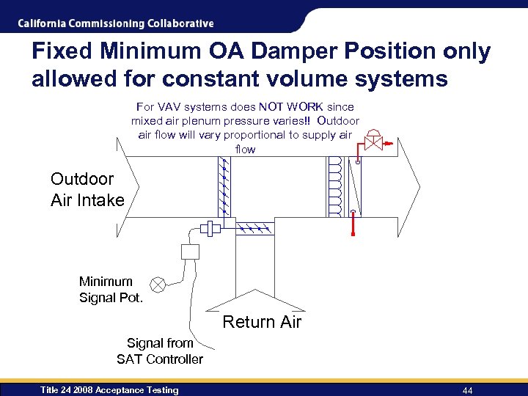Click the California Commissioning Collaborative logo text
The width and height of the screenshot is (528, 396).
pyautogui.click(x=116, y=23)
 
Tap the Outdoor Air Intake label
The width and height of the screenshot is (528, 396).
pyautogui.click(x=87, y=189)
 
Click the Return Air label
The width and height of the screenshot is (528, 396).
pyautogui.click(x=262, y=322)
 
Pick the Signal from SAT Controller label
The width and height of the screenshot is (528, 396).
pyautogui.click(x=160, y=351)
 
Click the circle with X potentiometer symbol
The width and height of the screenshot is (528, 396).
pyautogui.click(x=158, y=285)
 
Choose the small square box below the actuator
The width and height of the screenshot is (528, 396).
pyautogui.click(x=190, y=252)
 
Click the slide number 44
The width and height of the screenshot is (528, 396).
pyautogui.click(x=467, y=390)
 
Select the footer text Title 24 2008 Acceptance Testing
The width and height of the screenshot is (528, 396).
pyautogui.click(x=109, y=390)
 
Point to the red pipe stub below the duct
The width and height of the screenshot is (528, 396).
pyautogui.click(x=353, y=224)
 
